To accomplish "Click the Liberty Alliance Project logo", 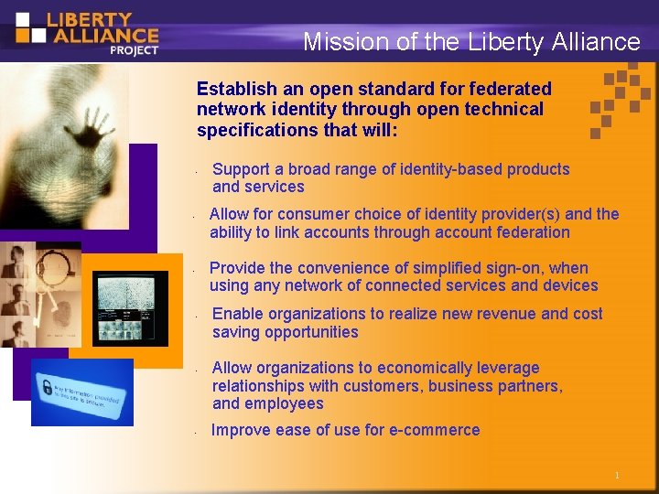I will (x=87, y=32).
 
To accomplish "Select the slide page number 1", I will (x=617, y=476).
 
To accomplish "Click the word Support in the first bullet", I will (x=241, y=169).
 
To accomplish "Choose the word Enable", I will (x=237, y=314).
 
